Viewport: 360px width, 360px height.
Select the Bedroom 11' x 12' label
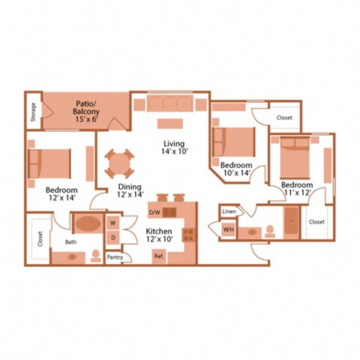click(x=298, y=189)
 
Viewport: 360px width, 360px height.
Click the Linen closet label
click(x=229, y=212)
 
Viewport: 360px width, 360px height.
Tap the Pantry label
click(x=115, y=256)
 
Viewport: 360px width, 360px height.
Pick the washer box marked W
click(x=112, y=223)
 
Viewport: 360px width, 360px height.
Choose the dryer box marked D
click(x=112, y=238)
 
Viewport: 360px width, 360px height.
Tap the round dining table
click(x=121, y=162)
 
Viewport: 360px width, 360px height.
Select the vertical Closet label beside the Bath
click(x=39, y=238)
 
